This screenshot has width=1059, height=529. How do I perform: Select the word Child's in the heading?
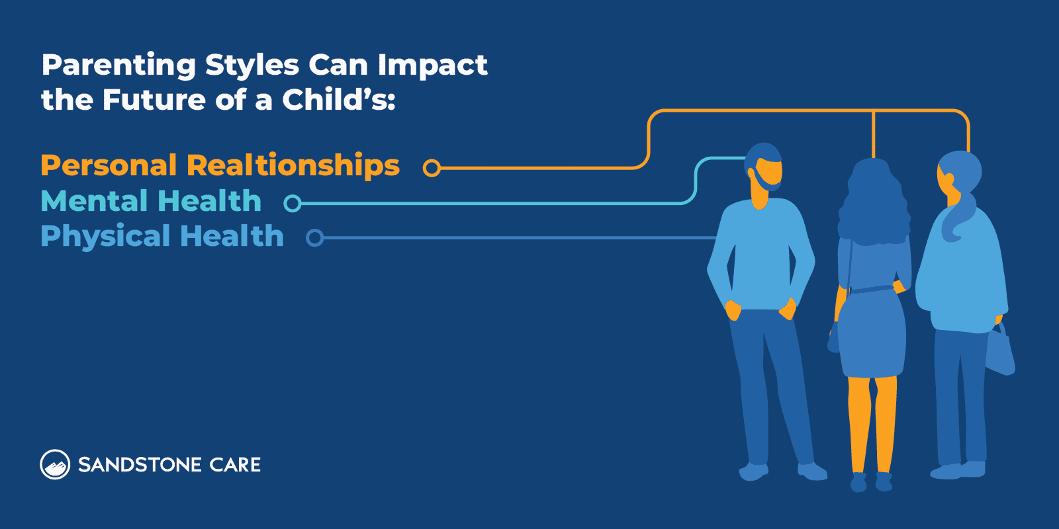(x=338, y=101)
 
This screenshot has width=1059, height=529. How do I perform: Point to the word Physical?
(x=105, y=236)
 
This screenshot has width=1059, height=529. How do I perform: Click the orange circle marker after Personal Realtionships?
(x=432, y=168)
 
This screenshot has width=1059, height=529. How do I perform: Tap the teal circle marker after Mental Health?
(x=292, y=203)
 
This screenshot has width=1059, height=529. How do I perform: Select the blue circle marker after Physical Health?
(x=315, y=237)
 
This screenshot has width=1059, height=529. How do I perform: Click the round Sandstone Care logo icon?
(x=55, y=464)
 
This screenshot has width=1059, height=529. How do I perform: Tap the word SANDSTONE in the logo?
(x=140, y=465)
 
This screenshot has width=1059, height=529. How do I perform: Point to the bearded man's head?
(x=764, y=169)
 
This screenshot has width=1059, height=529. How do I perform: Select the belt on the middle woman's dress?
(x=872, y=289)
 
